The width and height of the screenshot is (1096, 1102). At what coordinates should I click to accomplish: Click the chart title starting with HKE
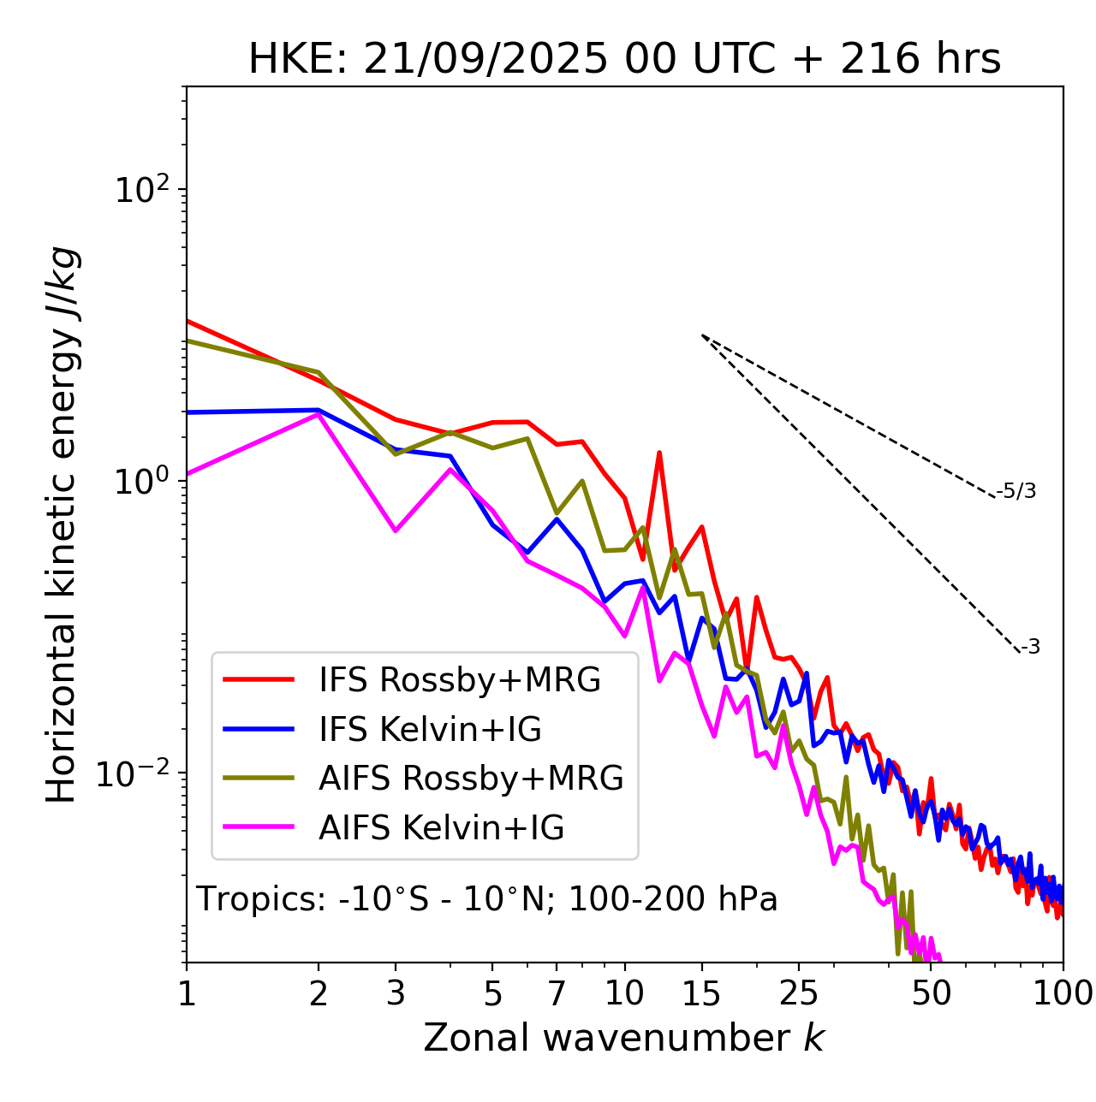pos(624,60)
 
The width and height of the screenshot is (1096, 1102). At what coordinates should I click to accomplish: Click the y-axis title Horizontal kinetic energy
pos(62,524)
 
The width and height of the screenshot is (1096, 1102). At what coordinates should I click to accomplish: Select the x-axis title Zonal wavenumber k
pos(623,1037)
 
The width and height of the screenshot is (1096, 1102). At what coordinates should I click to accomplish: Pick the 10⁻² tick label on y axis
pos(137,773)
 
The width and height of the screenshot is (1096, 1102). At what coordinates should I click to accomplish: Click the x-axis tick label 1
pos(187,993)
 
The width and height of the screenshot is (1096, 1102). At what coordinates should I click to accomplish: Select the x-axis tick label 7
pos(557,993)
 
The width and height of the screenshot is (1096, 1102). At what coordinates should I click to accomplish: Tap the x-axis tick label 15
pos(702,993)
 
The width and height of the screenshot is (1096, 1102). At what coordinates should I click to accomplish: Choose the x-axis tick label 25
pos(799,993)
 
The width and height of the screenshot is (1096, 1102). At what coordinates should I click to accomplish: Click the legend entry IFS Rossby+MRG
pos(459,680)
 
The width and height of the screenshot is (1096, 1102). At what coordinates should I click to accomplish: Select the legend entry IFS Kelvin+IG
pos(430,729)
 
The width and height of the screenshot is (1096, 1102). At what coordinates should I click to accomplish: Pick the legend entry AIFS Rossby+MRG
pos(471,779)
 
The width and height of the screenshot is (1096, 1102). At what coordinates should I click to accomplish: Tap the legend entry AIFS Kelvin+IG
pos(441,828)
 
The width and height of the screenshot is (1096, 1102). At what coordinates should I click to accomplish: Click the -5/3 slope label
pos(1016,492)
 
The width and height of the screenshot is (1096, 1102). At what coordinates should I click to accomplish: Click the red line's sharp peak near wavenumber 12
pos(659,453)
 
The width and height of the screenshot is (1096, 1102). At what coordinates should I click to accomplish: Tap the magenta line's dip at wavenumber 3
pos(395,530)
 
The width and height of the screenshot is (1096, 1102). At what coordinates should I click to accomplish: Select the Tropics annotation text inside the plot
pos(486,899)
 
